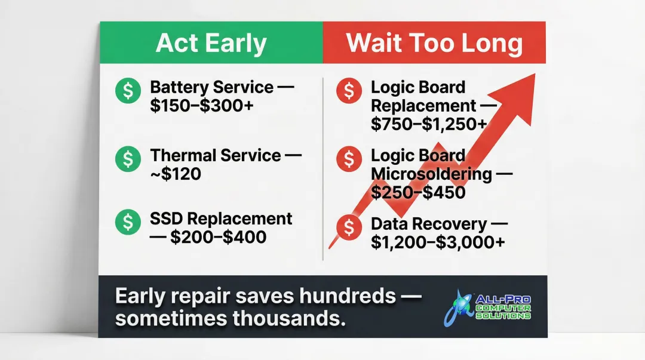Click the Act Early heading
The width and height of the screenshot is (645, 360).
pyautogui.click(x=211, y=43)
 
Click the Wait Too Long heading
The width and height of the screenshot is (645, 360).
pyautogui.click(x=434, y=43)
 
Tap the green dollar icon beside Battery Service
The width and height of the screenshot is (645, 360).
pyautogui.click(x=128, y=91)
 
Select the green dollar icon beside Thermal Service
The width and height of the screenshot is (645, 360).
pyautogui.click(x=128, y=158)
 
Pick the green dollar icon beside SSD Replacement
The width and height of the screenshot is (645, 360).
pyautogui.click(x=128, y=221)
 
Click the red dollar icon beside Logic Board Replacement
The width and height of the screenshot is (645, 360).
pyautogui.click(x=349, y=91)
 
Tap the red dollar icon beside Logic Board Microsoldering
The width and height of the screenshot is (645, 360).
pyautogui.click(x=349, y=159)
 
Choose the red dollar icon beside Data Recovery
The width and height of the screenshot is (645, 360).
pyautogui.click(x=349, y=226)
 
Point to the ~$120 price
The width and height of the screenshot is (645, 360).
pyautogui.click(x=176, y=174)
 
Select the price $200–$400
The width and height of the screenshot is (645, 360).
pyautogui.click(x=218, y=237)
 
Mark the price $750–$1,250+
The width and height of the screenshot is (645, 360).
pyautogui.click(x=428, y=124)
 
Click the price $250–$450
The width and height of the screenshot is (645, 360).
pyautogui.click(x=417, y=192)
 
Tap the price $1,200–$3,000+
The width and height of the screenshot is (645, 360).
pyautogui.click(x=438, y=242)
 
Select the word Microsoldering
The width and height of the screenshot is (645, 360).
pyautogui.click(x=431, y=174)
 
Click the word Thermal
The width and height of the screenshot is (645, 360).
pyautogui.click(x=182, y=156)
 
